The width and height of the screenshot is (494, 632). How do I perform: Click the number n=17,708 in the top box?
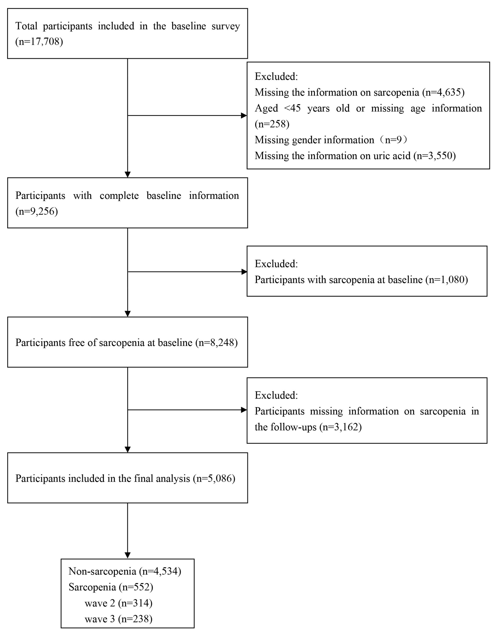tap(39, 42)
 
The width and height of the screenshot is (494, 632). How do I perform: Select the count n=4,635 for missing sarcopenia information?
tap(443, 92)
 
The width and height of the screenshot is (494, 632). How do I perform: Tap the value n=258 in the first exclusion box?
tap(272, 124)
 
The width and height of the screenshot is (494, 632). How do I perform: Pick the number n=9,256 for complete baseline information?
tap(37, 211)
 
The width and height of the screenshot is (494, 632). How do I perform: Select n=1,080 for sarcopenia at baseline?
tap(447, 280)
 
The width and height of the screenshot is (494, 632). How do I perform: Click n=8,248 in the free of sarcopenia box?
tap(216, 343)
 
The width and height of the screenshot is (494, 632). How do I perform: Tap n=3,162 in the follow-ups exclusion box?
tap(340, 427)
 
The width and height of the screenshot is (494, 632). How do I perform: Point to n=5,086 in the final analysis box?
tap(214, 479)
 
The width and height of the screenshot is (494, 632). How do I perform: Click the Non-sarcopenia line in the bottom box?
tap(125, 571)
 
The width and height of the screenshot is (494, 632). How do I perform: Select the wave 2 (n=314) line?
tap(118, 603)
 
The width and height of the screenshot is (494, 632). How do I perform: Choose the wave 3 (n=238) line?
tap(118, 619)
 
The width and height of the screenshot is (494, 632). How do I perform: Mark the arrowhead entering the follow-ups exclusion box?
tap(244, 410)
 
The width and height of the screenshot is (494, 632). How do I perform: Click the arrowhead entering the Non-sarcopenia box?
tap(128, 555)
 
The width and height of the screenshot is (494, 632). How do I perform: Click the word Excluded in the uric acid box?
tap(276, 77)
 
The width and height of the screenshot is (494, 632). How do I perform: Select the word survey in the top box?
tap(226, 26)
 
